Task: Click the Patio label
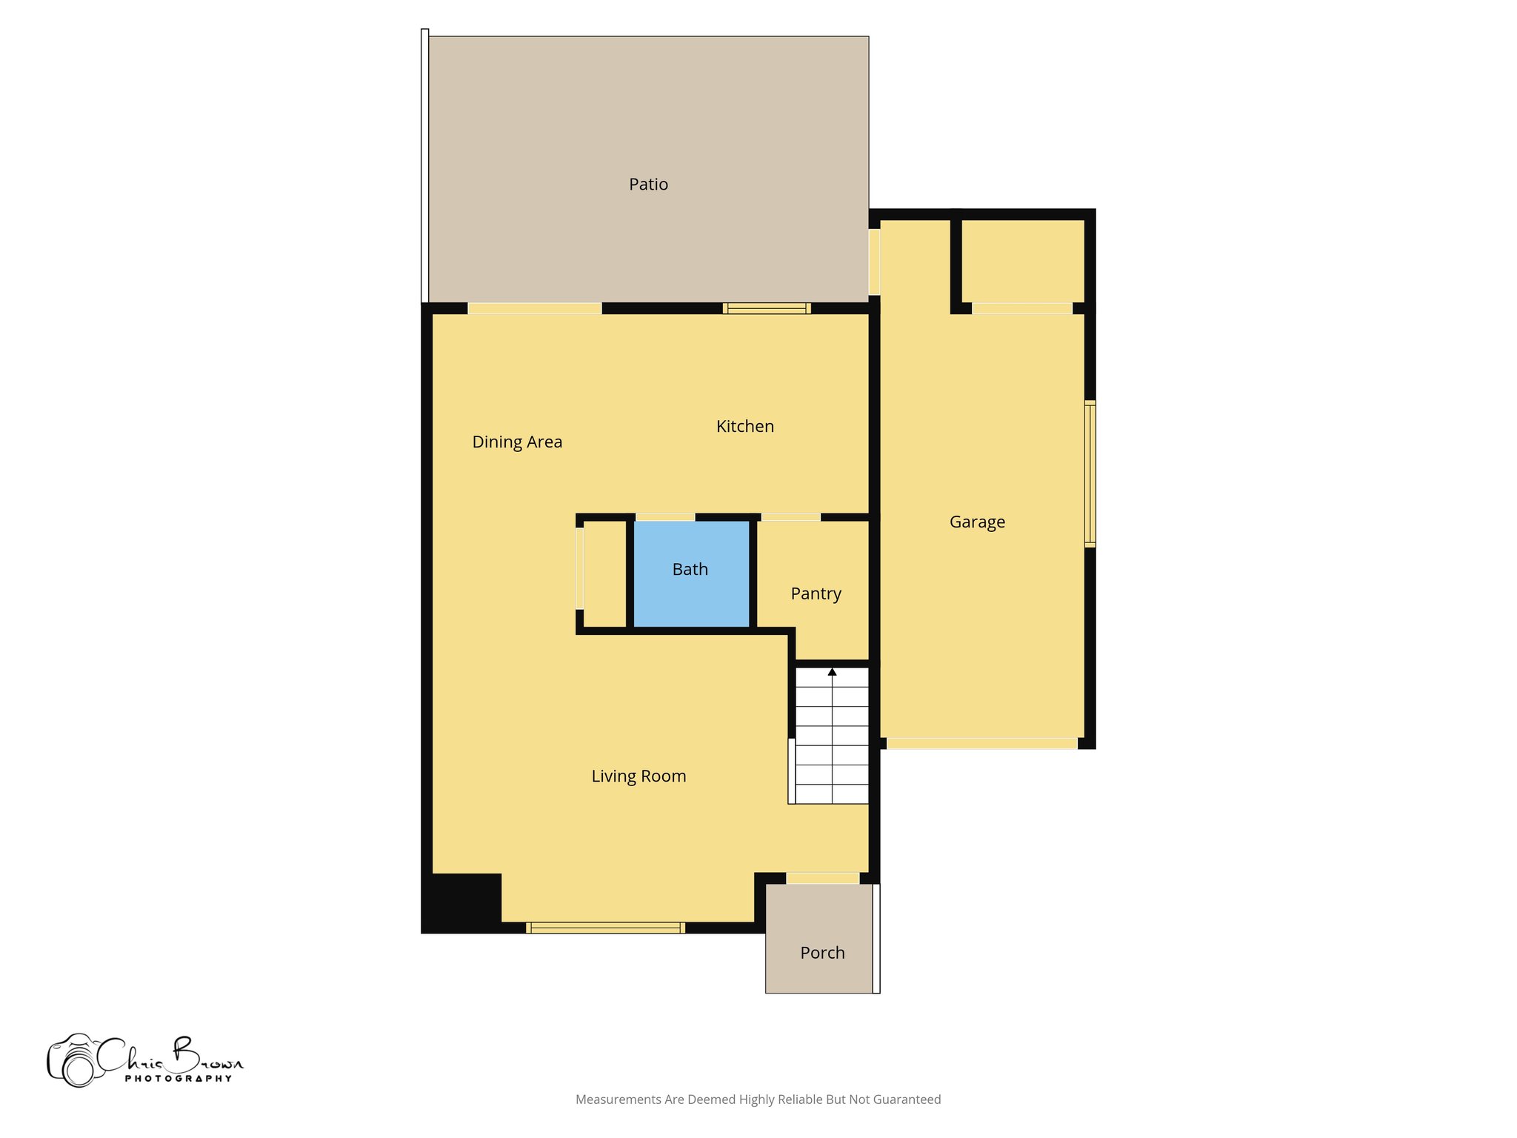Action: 648,184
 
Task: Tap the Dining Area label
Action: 517,442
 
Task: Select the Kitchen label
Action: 744,427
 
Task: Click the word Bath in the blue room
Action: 690,570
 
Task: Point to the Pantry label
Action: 816,594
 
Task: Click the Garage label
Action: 977,522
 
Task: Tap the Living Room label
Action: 639,776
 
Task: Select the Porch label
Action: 822,953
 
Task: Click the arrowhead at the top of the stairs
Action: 832,672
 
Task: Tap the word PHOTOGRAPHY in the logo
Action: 179,1079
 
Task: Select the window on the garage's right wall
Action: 1090,473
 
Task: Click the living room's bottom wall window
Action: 605,928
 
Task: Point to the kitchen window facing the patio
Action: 767,308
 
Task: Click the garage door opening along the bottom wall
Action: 981,743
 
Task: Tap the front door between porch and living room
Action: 822,879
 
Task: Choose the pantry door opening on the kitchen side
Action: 790,517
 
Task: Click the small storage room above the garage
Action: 1022,261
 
